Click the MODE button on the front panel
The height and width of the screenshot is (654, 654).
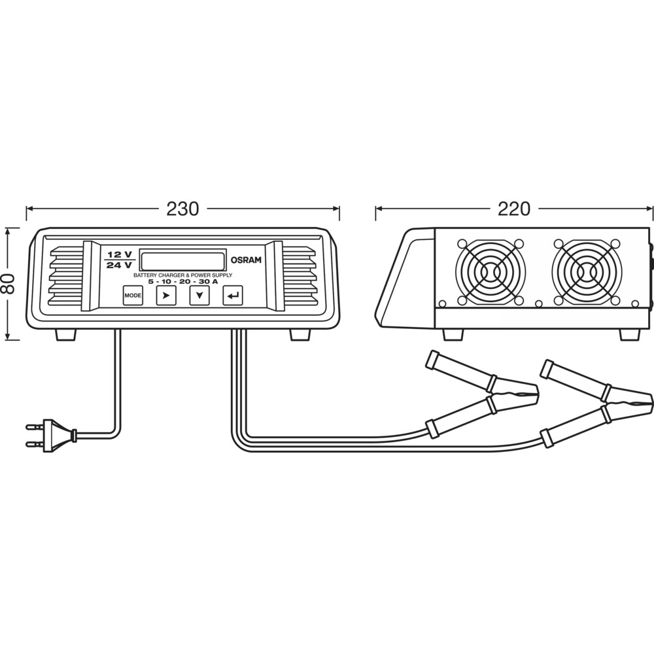[133, 296]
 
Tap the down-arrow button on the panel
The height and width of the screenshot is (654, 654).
[199, 296]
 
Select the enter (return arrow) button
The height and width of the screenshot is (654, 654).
[233, 296]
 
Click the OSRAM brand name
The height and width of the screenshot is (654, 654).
[246, 260]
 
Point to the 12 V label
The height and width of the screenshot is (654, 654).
[120, 254]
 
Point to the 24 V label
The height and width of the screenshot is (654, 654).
[120, 265]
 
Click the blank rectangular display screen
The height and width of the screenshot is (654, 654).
[183, 260]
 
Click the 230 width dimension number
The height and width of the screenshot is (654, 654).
[182, 209]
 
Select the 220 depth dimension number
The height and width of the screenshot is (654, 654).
[514, 209]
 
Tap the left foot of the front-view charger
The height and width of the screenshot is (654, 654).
[66, 334]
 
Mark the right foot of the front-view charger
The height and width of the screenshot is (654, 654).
[300, 334]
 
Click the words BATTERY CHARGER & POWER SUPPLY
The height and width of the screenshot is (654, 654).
[183, 275]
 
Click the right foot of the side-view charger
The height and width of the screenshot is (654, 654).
[629, 334]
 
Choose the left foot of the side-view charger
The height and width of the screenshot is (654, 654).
[453, 334]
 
